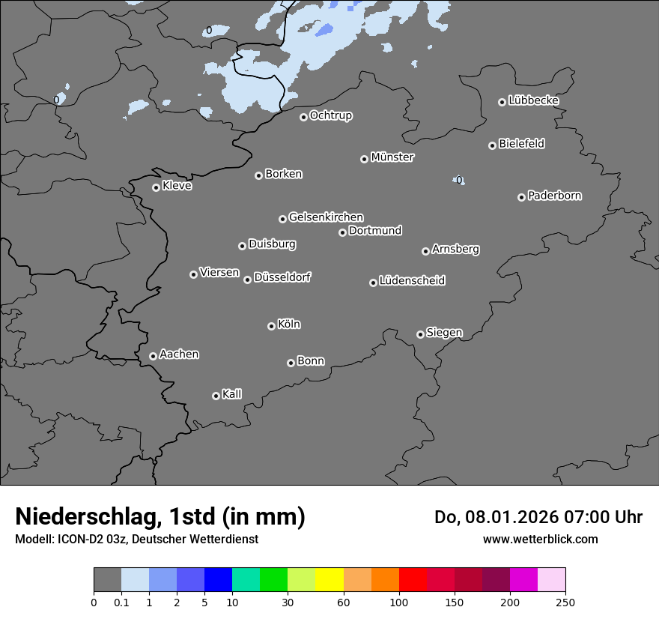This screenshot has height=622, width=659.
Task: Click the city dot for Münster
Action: (x=364, y=159)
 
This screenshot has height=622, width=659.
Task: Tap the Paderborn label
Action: (x=554, y=196)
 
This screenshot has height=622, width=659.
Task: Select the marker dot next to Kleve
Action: (x=156, y=187)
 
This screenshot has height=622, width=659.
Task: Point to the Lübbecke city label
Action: (x=533, y=100)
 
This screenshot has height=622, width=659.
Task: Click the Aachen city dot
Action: (x=153, y=356)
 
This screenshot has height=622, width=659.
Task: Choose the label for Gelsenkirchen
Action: (x=326, y=217)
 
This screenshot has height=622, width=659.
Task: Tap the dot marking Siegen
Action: (x=420, y=334)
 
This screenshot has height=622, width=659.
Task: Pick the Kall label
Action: (x=231, y=394)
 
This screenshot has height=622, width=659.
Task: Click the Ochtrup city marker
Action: (x=303, y=117)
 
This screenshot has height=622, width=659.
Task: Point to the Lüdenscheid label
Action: (x=412, y=281)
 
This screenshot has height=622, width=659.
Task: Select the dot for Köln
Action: (x=271, y=326)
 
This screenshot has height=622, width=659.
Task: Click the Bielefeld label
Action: (x=521, y=144)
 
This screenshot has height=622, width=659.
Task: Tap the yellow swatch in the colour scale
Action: (x=329, y=580)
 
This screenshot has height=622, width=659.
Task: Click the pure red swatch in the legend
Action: (x=413, y=580)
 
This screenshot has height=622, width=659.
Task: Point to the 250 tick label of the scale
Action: (x=565, y=602)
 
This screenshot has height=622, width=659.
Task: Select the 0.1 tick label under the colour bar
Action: (x=121, y=602)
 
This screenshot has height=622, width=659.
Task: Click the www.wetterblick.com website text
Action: (x=540, y=539)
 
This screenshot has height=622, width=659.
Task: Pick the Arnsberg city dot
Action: (x=425, y=251)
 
